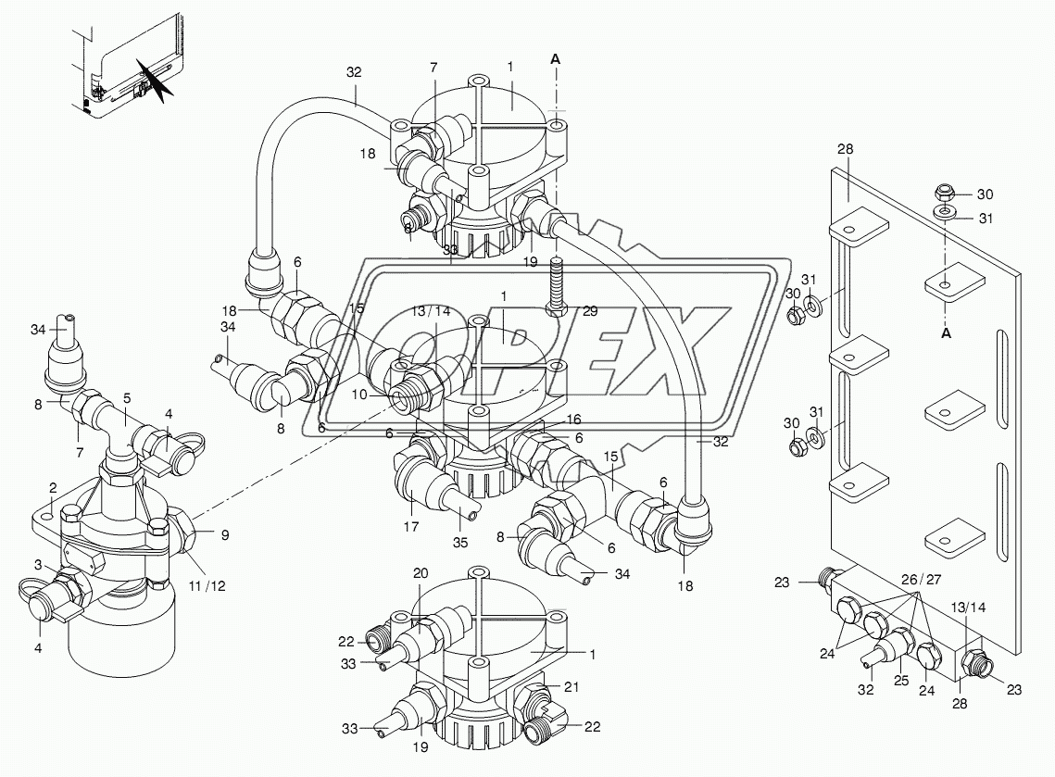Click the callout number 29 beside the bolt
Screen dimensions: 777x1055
tap(588, 312)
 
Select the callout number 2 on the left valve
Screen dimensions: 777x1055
tap(54, 487)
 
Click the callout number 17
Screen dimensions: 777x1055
tap(411, 528)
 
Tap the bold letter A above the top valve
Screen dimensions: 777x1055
tap(555, 58)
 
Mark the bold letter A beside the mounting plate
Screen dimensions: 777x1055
tap(947, 333)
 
